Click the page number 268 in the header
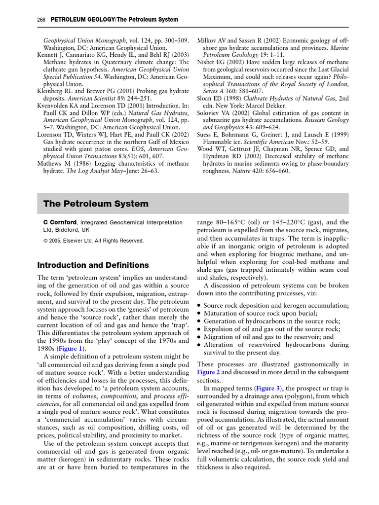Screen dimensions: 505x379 click(41, 20)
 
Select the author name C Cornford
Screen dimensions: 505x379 click(61, 222)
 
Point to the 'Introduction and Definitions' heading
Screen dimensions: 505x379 click(96, 265)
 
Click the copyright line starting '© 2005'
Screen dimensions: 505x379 click(93, 241)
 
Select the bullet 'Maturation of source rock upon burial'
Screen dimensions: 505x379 click(260, 313)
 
